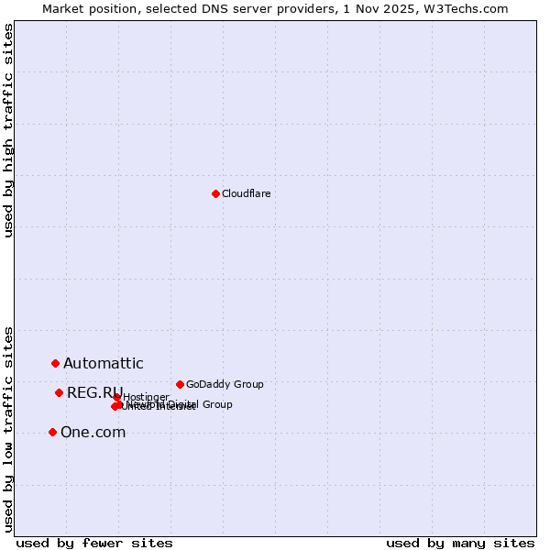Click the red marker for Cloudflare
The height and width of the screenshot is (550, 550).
(x=215, y=193)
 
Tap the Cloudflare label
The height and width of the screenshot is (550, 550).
(x=247, y=193)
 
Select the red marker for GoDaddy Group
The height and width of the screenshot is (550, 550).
(x=180, y=384)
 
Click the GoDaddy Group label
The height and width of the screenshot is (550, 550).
(x=225, y=385)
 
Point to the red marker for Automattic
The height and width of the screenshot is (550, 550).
(x=55, y=364)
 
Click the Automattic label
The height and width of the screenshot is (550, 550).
(x=104, y=364)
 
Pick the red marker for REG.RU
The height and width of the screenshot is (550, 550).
(x=59, y=392)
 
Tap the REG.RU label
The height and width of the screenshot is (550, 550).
(x=94, y=393)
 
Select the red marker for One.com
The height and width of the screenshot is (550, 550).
(x=52, y=432)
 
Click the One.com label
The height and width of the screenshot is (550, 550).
(x=93, y=433)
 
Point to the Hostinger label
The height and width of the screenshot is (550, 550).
(x=146, y=397)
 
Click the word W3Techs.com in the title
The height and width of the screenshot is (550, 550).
(x=471, y=8)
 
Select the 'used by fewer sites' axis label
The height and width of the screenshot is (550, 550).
(x=94, y=543)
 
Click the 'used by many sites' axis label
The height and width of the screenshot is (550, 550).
(x=460, y=543)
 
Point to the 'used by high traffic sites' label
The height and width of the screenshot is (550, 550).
(x=9, y=130)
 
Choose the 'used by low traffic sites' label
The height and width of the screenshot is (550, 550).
(x=9, y=428)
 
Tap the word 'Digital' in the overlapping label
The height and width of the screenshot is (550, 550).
(x=182, y=404)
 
